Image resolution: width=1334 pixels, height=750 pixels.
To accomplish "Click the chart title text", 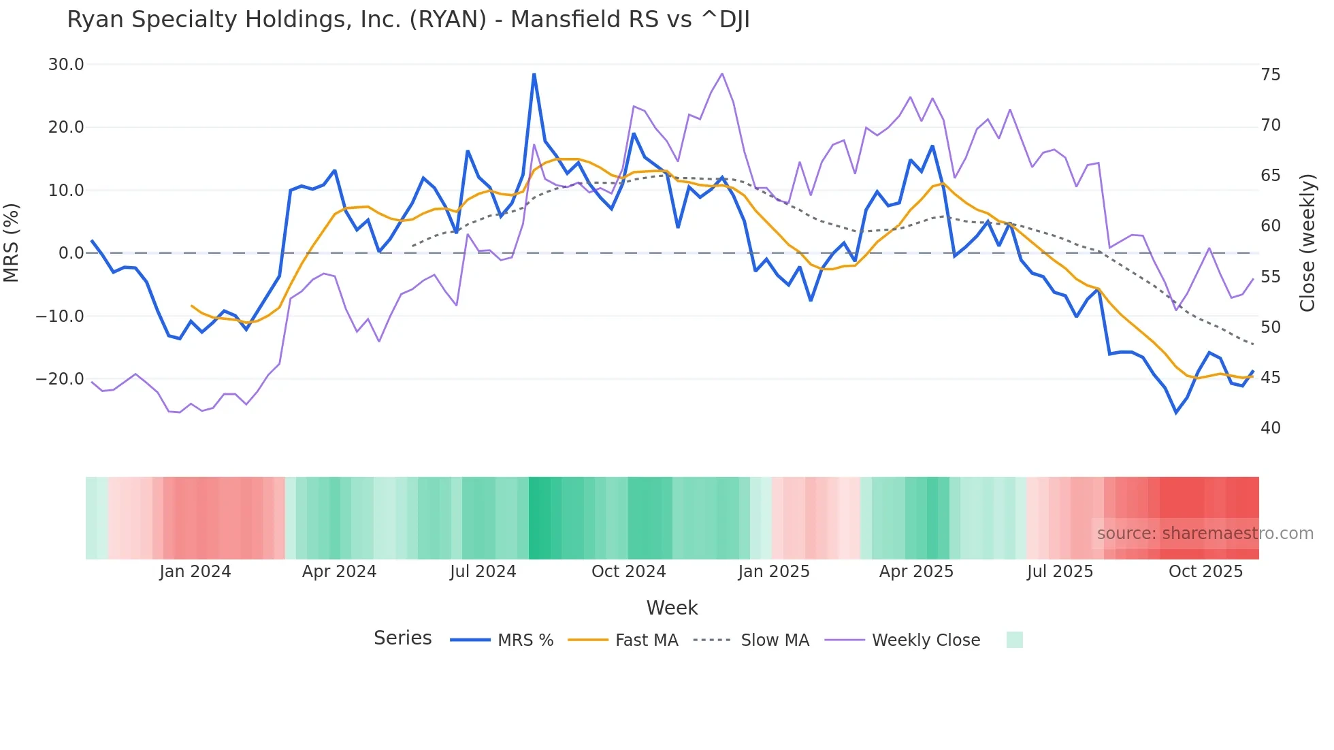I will coord(408,20).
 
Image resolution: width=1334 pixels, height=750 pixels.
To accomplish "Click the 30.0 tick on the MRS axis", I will coord(66,65).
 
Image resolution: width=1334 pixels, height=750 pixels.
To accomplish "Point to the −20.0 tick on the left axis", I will coord(60,379).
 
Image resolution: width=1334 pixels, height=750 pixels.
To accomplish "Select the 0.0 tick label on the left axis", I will coord(71,253).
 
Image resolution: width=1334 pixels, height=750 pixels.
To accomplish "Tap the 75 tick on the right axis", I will coord(1270,75).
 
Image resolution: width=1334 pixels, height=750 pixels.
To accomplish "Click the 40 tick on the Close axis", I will coord(1270,428).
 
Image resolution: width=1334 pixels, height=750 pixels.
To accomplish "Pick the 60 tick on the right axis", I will coord(1270,226).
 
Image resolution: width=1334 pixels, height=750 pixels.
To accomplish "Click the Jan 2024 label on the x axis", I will coord(195,572).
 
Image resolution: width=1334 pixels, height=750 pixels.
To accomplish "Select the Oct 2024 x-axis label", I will coord(628,572).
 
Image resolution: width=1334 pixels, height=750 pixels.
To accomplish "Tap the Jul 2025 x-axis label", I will coord(1060,572).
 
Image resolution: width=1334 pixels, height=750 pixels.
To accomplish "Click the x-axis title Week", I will coord(672,608).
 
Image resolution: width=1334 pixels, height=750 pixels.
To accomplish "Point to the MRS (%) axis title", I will coord(12,243).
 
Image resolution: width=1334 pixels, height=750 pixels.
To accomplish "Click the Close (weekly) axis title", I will coord(1307,243).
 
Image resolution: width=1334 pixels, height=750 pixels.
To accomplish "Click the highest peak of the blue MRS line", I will coord(534,74).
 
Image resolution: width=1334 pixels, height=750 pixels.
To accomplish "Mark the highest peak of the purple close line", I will coord(722,74).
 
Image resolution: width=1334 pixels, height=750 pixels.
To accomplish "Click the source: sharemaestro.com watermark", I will coord(1205,534).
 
